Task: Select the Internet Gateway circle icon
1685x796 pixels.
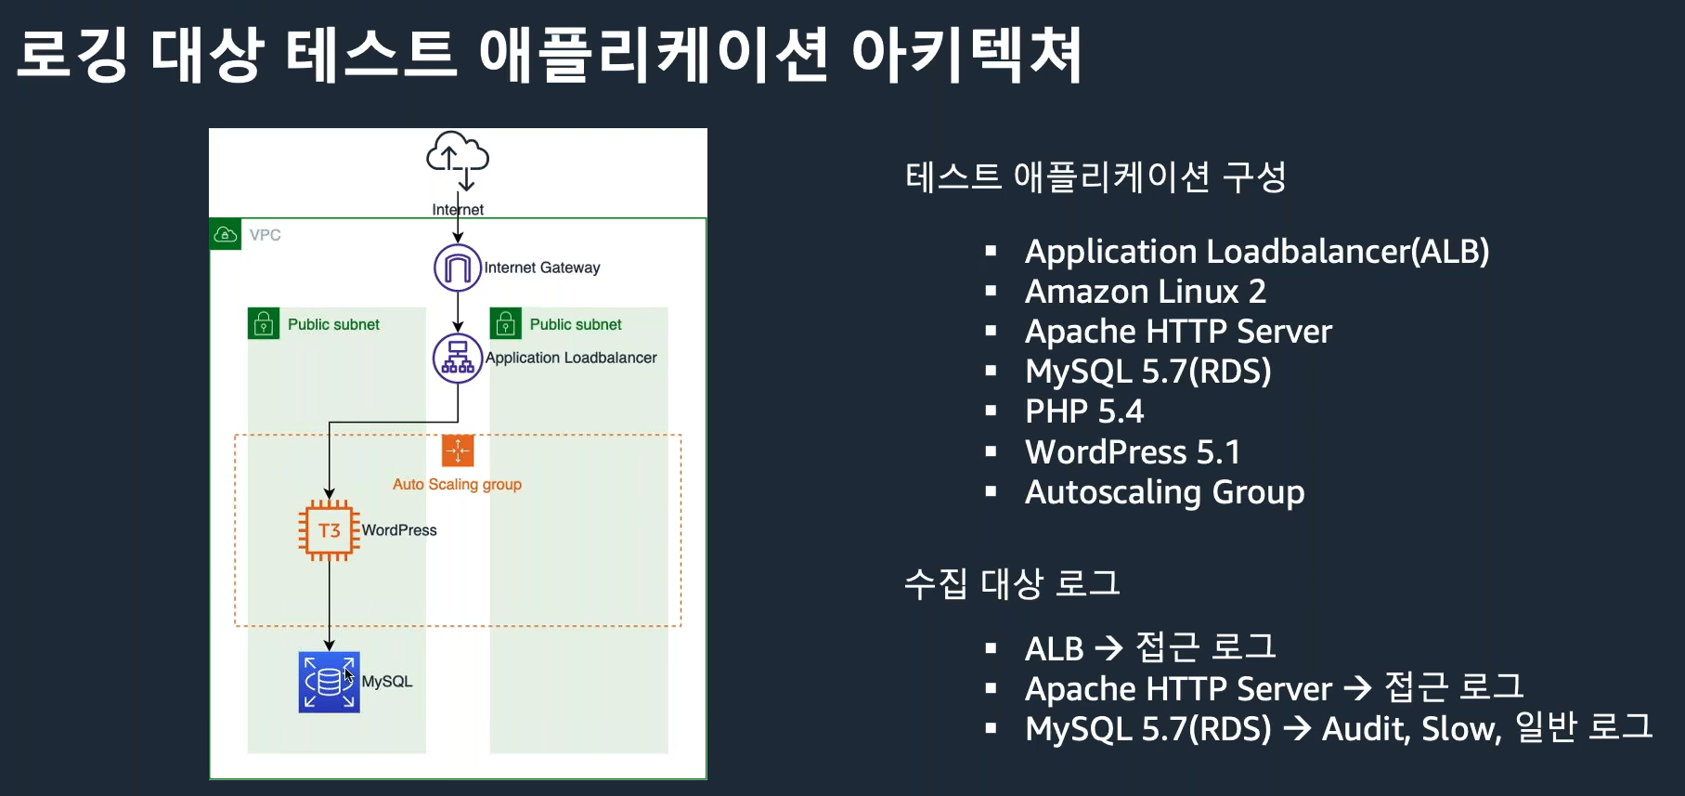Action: (458, 268)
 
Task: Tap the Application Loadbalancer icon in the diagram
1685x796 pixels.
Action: (458, 358)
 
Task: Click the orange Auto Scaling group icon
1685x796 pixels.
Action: (458, 450)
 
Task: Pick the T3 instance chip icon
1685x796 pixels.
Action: (329, 530)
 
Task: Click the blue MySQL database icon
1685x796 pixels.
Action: (329, 682)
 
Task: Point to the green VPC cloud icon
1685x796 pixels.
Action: (226, 235)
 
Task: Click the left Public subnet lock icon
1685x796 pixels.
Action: (264, 324)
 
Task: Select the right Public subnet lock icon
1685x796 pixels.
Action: (506, 324)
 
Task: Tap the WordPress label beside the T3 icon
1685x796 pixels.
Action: (399, 530)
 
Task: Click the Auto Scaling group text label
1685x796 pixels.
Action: (457, 484)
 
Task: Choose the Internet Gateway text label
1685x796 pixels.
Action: (542, 268)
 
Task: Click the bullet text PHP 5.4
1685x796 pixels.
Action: (1083, 411)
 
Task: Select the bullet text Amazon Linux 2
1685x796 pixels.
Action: (1145, 292)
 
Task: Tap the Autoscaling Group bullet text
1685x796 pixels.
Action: (1164, 492)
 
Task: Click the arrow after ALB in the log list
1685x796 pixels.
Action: (1108, 648)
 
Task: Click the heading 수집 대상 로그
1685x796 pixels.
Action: (1012, 584)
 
